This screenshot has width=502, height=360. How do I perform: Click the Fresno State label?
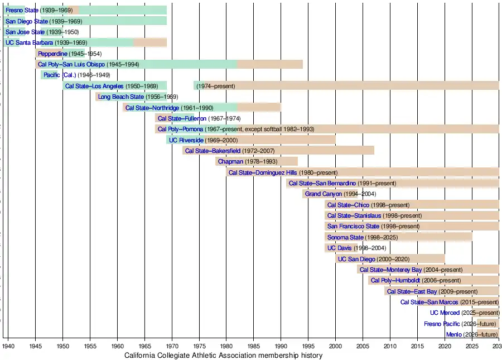22,10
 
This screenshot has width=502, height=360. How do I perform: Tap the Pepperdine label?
52,54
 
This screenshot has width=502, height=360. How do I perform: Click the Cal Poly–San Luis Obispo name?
71,64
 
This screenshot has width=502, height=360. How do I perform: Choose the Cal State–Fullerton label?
182,118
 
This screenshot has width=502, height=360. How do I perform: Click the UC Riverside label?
186,140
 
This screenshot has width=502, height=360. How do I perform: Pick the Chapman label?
230,161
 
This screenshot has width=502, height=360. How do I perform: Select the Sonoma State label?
345,237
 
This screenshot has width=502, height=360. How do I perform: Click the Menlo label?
453,334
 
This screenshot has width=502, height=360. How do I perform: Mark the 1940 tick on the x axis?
8,346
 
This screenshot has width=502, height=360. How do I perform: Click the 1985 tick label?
253,346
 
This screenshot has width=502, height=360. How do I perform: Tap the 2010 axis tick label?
390,346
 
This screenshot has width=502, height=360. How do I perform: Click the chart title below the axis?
223,356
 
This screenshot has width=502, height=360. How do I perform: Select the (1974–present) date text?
215,86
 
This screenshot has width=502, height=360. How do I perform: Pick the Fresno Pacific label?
442,324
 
